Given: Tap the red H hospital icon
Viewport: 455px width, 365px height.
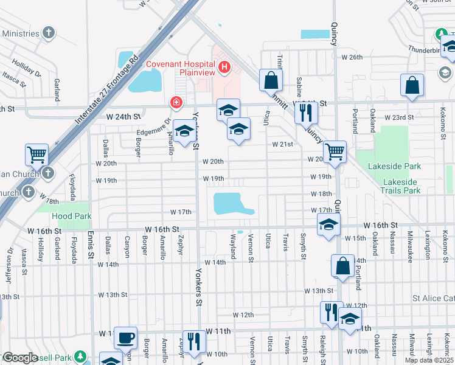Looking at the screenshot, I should pos(224,66).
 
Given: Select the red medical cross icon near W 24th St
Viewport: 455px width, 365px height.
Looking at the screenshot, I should pos(176,102).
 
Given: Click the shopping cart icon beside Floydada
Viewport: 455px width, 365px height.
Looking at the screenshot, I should pos(36,155).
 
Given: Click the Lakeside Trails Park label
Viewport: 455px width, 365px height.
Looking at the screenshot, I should pos(402,186).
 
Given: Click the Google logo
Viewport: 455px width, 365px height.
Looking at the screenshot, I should pos(21,358).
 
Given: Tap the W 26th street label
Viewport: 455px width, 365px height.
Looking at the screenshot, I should pos(352,57).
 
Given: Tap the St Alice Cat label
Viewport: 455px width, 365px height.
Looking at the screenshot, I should pos(433,298).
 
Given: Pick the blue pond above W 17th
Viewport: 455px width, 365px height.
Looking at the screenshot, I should pos(231,204).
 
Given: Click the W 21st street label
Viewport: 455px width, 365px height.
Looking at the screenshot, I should pos(283,144).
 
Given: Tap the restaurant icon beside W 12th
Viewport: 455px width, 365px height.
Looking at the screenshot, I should pos(331,311).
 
